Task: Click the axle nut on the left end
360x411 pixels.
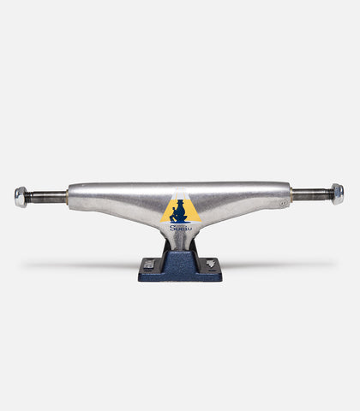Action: click(x=21, y=197)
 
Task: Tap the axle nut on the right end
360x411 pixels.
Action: click(x=338, y=194)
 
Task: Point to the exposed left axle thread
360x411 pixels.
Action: click(x=46, y=197)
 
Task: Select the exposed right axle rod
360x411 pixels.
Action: click(x=312, y=194)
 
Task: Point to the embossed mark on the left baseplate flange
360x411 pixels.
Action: click(x=149, y=265)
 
